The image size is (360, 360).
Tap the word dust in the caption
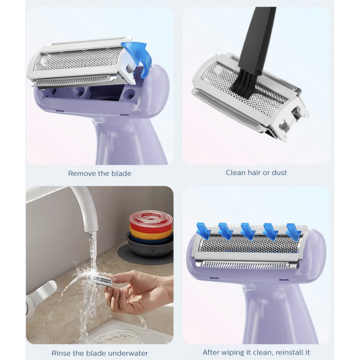279,173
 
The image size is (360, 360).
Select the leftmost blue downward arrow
204,231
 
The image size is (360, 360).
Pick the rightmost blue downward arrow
294,232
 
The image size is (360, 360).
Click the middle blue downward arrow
248,232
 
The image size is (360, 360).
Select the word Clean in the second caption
236,173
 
